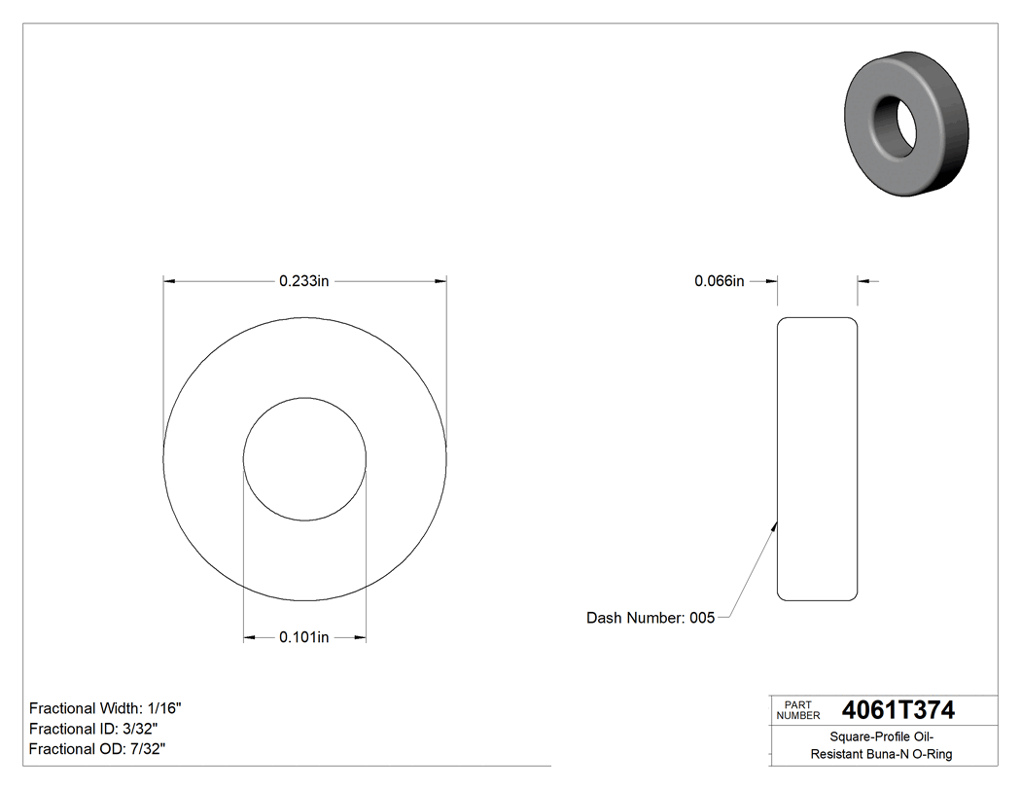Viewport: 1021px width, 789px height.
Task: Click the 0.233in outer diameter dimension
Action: click(305, 281)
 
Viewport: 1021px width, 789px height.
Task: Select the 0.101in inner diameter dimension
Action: click(304, 638)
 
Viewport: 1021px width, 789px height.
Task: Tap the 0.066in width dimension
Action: click(719, 281)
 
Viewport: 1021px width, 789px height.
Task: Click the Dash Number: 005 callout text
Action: click(651, 618)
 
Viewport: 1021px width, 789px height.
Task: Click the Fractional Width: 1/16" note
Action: click(106, 708)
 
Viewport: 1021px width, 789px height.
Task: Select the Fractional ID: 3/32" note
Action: click(93, 729)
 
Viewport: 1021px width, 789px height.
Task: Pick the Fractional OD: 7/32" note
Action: click(97, 749)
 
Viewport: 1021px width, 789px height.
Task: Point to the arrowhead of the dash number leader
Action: click(774, 526)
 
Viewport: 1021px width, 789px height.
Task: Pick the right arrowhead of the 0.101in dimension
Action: click(360, 638)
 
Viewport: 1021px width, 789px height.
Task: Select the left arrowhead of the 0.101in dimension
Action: click(249, 638)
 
